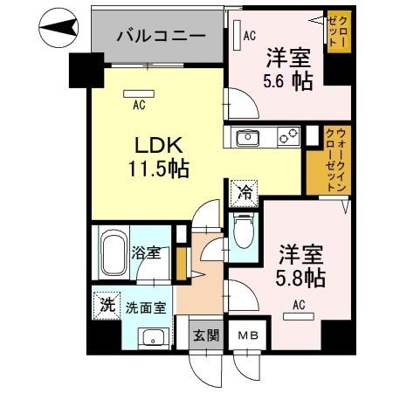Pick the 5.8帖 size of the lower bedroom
tap(302, 279)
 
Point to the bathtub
tap(112, 253)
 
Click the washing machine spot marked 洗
tap(106, 305)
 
